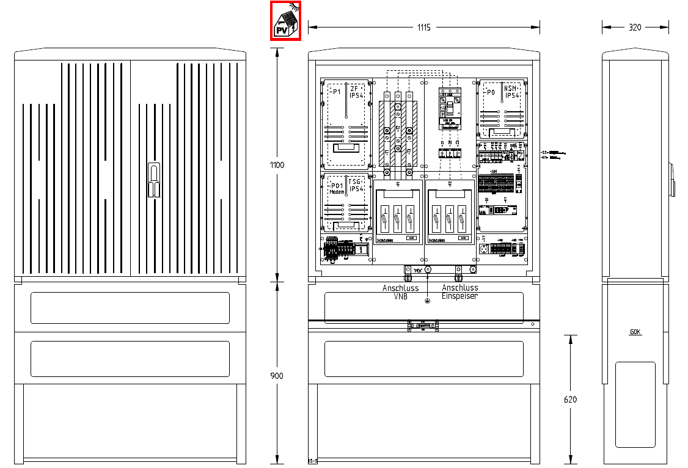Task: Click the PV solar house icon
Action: pos(286,21)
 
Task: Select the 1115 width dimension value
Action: pos(424,27)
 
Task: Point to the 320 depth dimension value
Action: pos(635,27)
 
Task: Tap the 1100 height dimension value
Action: pos(277,165)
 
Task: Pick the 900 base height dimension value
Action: pos(277,376)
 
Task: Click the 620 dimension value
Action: pos(569,400)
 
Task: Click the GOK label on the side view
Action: pos(635,332)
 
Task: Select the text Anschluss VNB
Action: pos(400,291)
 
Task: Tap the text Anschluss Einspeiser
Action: pos(459,291)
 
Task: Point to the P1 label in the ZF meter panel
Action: pos(335,92)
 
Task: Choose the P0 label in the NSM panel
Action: pos(490,92)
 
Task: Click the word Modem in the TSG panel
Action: pos(337,192)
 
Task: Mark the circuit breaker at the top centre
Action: pos(449,108)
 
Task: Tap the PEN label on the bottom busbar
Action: pos(418,270)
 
